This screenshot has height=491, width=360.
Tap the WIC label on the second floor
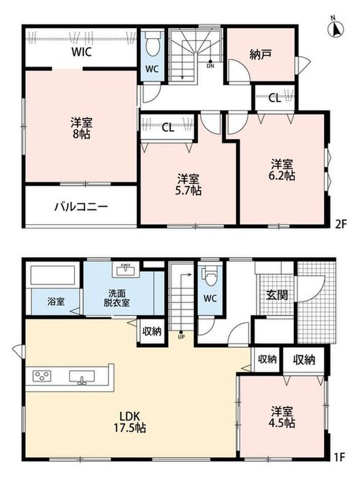pos(82,52)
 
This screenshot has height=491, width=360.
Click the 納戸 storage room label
pos(260,54)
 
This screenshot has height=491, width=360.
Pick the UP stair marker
pos(181,334)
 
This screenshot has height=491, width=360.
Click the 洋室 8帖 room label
pos(82,128)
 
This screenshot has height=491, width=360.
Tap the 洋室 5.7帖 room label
pos(188,185)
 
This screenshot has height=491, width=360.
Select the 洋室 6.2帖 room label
pos(282,169)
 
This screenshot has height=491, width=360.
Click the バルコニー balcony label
pos(82,207)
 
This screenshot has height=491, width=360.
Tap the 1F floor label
pos(339,457)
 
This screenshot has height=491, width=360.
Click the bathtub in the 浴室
pos(53,276)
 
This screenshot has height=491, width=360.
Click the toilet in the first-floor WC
pos(210,276)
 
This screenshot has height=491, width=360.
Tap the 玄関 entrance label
pos(277,295)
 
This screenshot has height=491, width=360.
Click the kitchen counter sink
pos(82,377)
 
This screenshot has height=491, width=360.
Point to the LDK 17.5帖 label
pos(129,422)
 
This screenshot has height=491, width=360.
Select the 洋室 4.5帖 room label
pos(282,417)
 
